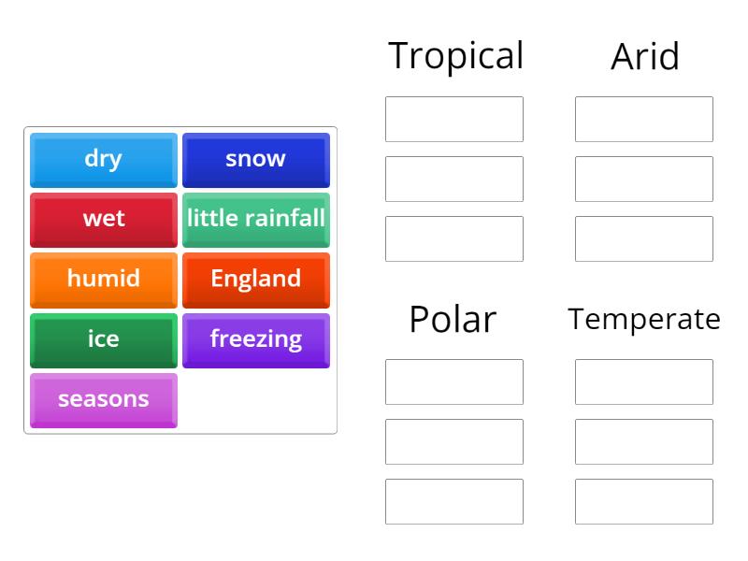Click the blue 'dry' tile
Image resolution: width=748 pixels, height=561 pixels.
point(104,159)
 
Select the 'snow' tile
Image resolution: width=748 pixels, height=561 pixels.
point(255,159)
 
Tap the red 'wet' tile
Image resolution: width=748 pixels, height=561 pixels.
point(104,219)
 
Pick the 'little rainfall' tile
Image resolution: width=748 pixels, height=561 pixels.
point(255,219)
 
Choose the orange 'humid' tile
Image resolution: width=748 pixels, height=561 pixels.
point(104,279)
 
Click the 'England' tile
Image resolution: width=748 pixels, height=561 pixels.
point(255,279)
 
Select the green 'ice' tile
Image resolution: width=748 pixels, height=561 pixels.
point(104,338)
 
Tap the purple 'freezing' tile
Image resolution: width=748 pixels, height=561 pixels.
point(255,338)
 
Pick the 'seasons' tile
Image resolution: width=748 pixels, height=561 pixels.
point(104,399)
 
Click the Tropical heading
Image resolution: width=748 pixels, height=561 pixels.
point(455,56)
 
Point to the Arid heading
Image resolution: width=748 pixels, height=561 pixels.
point(644,57)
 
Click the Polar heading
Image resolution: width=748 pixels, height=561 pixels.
point(453,320)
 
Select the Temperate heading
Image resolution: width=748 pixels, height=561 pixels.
point(644,320)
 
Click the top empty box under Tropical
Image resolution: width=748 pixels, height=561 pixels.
point(454,119)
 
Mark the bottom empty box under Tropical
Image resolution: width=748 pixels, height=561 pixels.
point(454,238)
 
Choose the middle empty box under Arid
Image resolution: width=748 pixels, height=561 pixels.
point(644,179)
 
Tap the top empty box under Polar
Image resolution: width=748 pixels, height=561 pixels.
point(454,381)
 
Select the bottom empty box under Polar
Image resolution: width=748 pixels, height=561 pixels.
point(454,501)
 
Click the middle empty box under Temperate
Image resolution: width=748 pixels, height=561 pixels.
point(644,441)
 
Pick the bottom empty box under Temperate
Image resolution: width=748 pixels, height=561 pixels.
point(644,501)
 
